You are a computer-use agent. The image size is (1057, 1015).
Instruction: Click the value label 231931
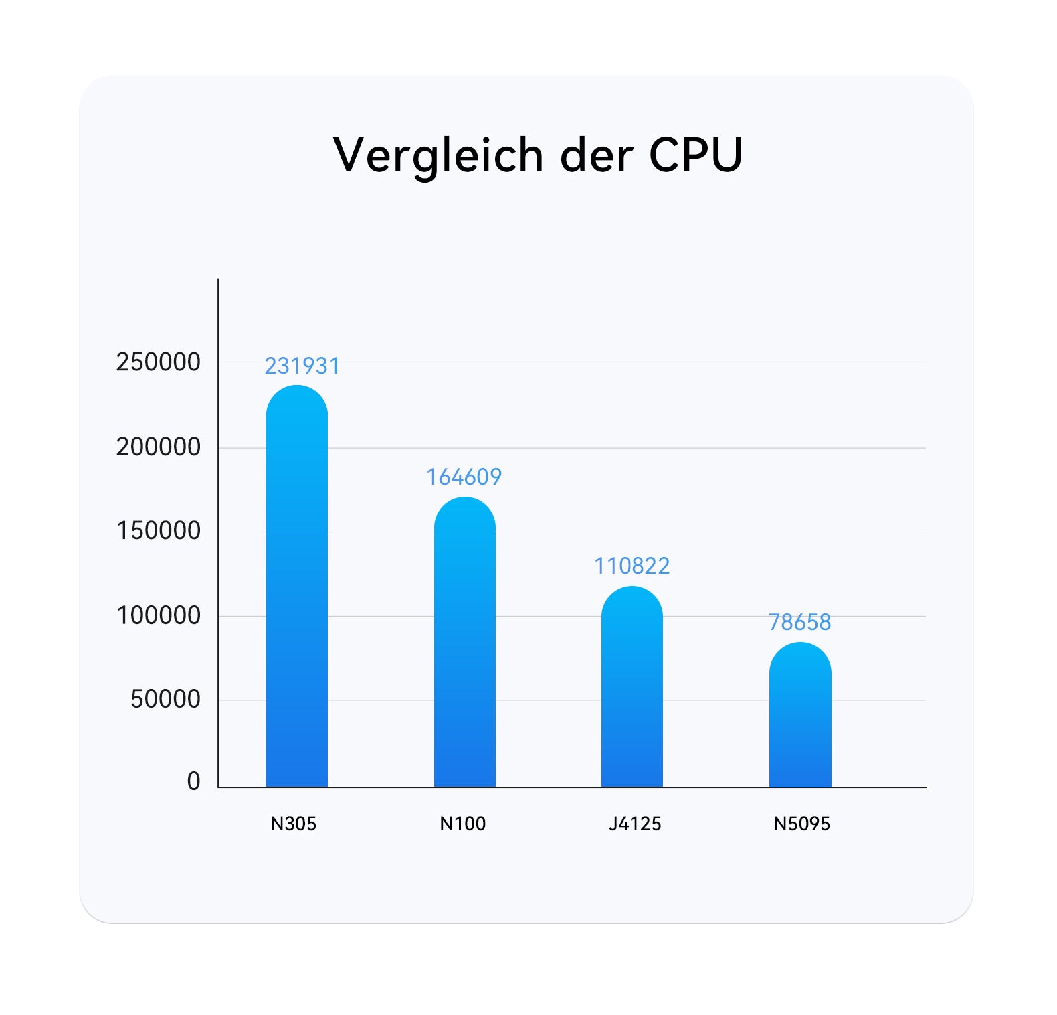302,366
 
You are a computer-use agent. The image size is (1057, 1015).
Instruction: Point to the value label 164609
464,477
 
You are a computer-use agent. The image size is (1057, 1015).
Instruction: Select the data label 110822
632,566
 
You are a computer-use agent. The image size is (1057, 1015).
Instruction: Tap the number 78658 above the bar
799,623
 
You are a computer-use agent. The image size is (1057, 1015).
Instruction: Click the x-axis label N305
293,824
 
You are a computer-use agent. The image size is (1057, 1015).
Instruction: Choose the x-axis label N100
462,824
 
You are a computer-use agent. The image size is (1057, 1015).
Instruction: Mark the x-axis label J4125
634,824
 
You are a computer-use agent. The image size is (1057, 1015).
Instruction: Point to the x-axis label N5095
801,824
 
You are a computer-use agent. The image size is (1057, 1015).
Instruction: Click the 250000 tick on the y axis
158,362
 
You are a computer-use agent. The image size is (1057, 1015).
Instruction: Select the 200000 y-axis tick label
158,447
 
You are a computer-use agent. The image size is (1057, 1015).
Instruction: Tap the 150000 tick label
158,531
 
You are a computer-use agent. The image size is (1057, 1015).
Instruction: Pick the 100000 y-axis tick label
158,615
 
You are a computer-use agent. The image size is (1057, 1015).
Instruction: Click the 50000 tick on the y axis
165,699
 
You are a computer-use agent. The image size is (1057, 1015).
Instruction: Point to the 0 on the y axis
193,781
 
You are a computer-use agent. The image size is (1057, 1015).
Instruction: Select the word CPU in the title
696,155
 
